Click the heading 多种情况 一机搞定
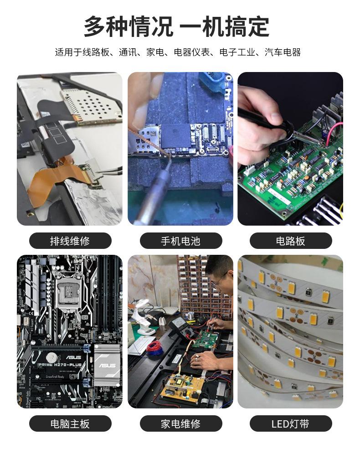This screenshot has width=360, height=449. coord(177,26)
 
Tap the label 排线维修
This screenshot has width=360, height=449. coord(70,241)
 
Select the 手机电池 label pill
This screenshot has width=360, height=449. coord(180,241)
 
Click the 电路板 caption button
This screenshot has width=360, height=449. coord(290,241)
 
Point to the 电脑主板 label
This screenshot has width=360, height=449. coord(70,424)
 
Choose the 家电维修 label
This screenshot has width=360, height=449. coord(180,424)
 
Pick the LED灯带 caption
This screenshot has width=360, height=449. coord(290,424)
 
